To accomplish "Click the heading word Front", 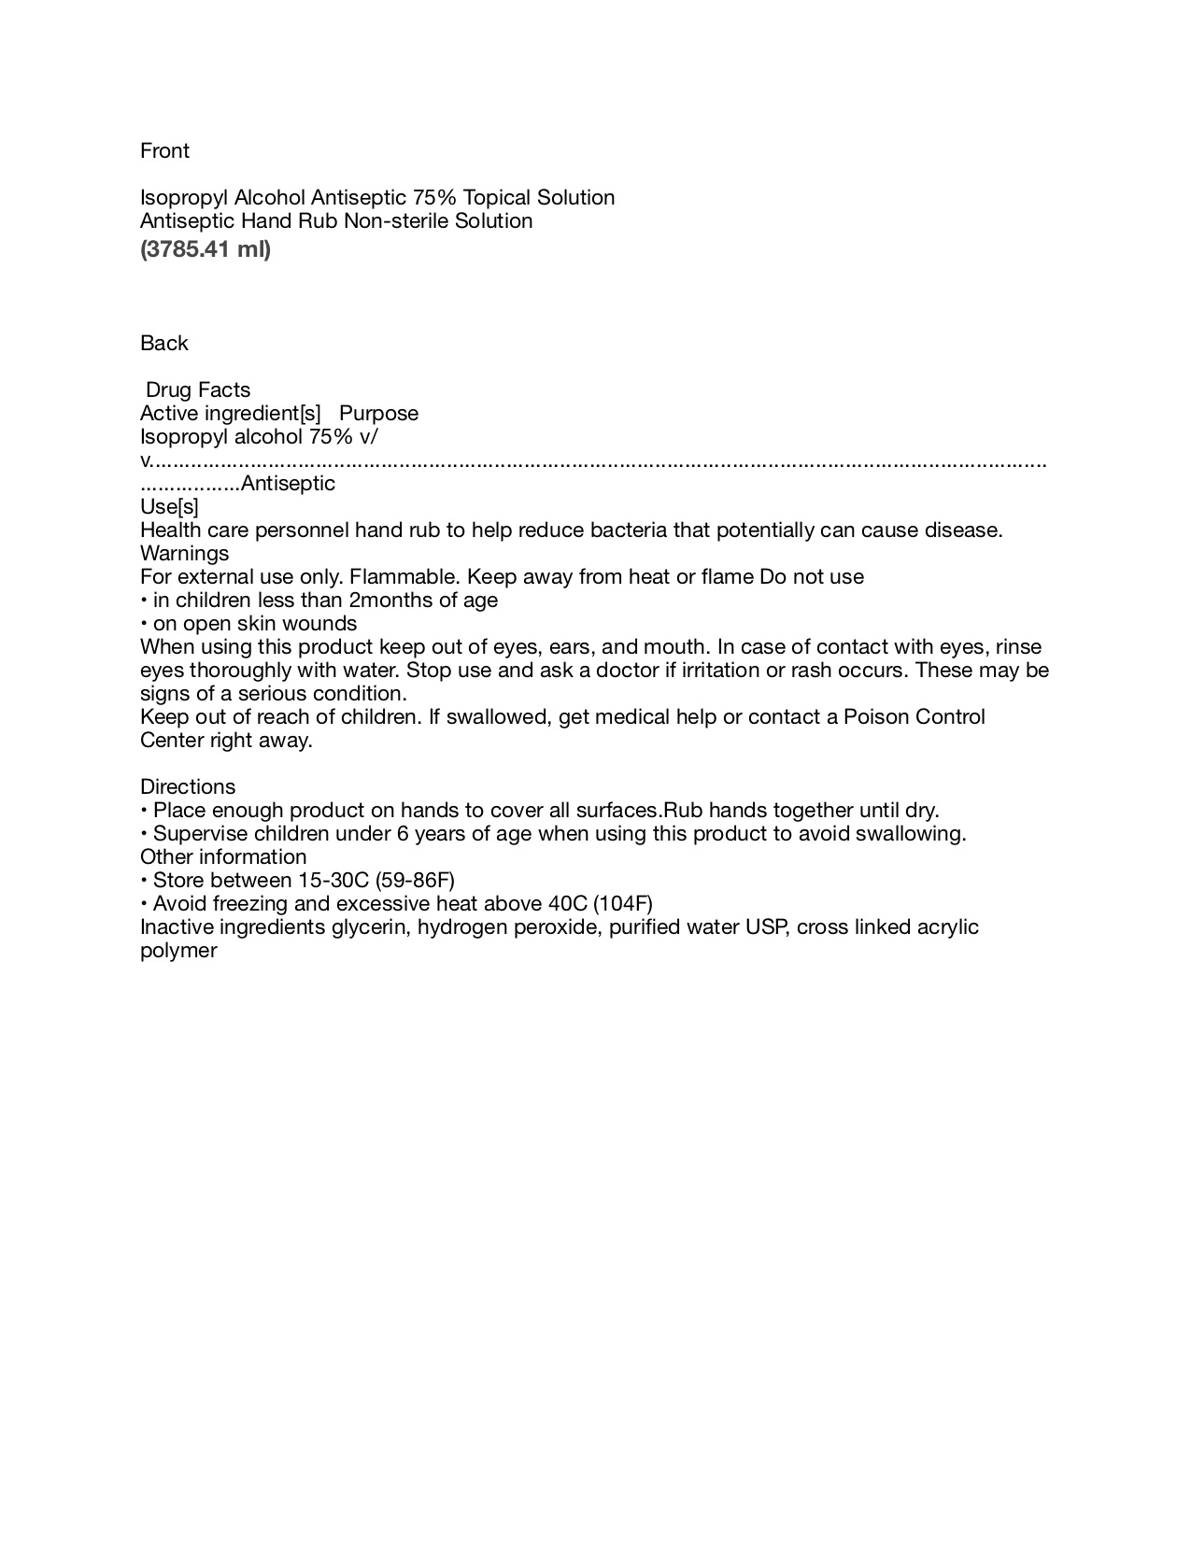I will [x=164, y=151].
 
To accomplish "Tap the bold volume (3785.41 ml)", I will [x=206, y=249].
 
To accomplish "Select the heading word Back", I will [x=164, y=344].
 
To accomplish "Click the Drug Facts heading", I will [x=198, y=390].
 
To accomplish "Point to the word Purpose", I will [x=379, y=414].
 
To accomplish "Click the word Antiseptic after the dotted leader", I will [x=288, y=484].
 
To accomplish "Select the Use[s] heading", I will [x=169, y=507].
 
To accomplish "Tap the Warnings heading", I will [x=184, y=554].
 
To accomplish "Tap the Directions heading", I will [x=188, y=787].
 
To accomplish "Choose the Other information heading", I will [x=223, y=857].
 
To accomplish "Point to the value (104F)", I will [x=623, y=904].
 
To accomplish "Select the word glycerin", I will [x=371, y=927].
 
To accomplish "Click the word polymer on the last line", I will [x=178, y=951].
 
